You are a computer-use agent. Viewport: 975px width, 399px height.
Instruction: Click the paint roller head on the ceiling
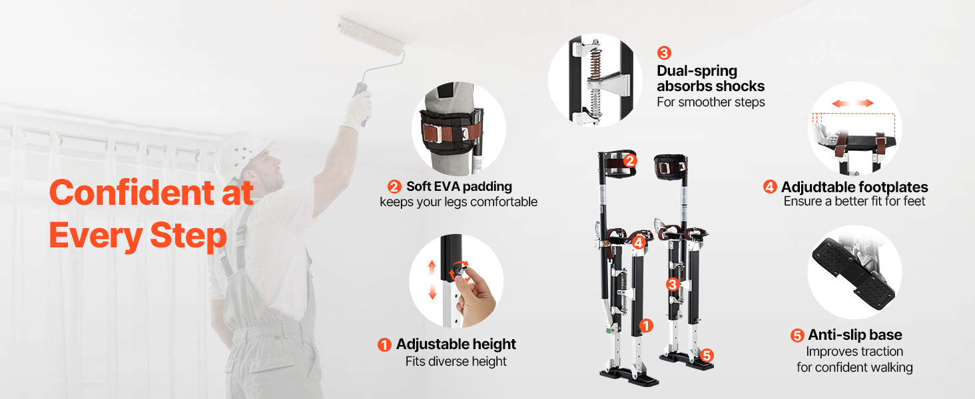(x=371, y=36)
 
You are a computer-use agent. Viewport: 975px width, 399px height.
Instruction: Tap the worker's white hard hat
(x=241, y=156)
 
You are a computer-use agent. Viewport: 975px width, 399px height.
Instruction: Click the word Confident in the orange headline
(x=131, y=193)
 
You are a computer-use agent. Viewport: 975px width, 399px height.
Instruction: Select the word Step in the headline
(x=188, y=236)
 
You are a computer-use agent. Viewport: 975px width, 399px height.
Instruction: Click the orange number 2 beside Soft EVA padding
(x=394, y=187)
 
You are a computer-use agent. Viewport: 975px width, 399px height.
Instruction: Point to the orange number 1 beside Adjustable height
(x=384, y=345)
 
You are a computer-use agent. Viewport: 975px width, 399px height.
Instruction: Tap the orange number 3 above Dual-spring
(x=664, y=53)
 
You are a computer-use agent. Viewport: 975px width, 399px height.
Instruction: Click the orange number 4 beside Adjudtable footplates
(x=770, y=187)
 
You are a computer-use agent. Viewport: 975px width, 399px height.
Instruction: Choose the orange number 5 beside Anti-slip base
(x=797, y=336)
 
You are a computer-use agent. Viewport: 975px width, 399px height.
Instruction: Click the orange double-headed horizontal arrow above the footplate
(x=852, y=103)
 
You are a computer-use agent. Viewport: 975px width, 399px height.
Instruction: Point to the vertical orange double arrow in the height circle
(x=432, y=280)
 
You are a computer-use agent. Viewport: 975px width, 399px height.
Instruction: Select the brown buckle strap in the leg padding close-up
(x=452, y=131)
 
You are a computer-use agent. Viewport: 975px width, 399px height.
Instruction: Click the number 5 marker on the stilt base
(x=707, y=356)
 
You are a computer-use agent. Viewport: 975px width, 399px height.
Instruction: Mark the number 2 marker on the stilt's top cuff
(x=630, y=161)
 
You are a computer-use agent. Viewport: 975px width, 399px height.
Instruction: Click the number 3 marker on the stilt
(x=673, y=284)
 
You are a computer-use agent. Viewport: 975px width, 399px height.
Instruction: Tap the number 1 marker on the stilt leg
(x=646, y=326)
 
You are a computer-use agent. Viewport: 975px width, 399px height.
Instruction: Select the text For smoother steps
(x=711, y=102)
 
